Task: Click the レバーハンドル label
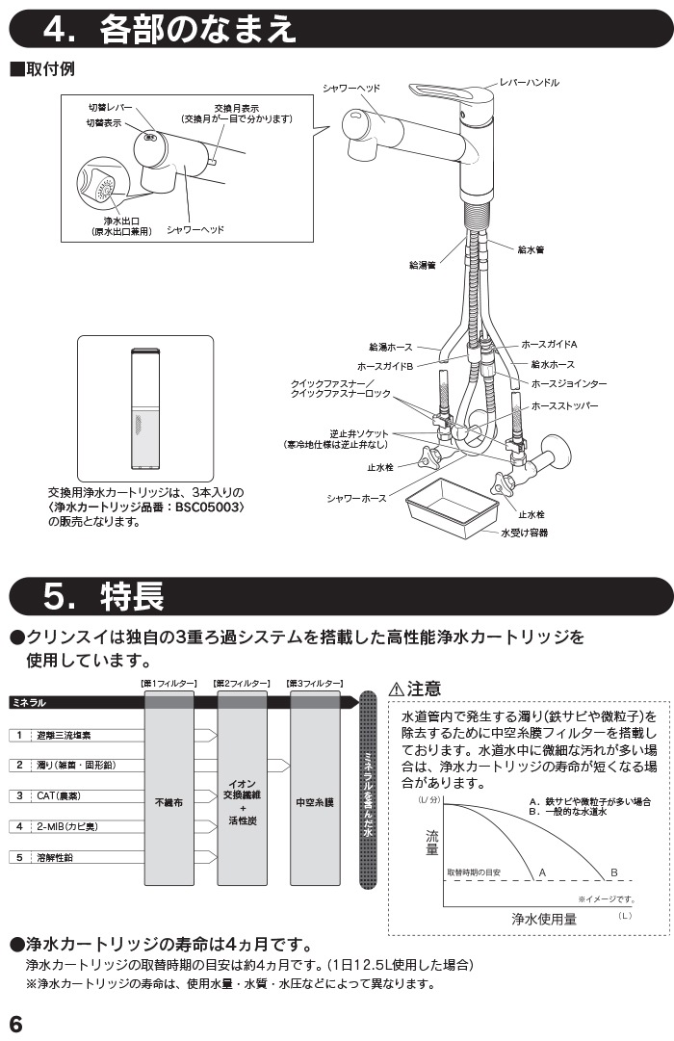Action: (x=530, y=82)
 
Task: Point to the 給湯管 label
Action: (x=423, y=266)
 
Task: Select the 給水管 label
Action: (x=531, y=249)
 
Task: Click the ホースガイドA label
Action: (x=549, y=344)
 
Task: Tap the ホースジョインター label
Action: (x=568, y=383)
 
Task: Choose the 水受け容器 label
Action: (x=525, y=533)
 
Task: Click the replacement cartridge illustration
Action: (x=144, y=407)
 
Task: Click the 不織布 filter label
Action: (x=168, y=803)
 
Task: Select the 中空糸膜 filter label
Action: (x=315, y=803)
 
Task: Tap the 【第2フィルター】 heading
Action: (x=242, y=683)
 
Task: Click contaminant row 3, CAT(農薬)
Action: (x=59, y=795)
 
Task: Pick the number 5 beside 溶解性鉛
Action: (x=19, y=857)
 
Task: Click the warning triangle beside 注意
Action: (x=396, y=690)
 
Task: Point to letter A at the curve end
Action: (x=542, y=872)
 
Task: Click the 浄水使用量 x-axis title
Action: (x=544, y=919)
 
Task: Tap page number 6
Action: (x=15, y=1024)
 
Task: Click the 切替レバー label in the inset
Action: (x=111, y=108)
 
